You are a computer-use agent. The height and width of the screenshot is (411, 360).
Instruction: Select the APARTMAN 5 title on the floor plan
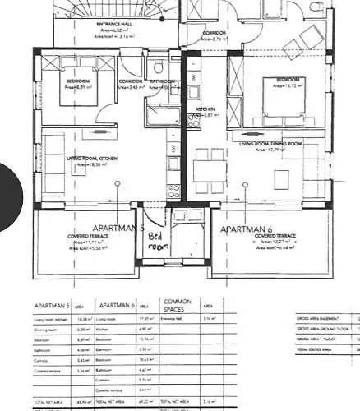(x=118, y=228)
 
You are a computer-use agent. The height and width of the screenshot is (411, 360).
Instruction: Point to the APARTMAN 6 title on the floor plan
(x=246, y=229)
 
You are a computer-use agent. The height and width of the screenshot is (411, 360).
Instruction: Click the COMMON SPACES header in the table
(x=178, y=303)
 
